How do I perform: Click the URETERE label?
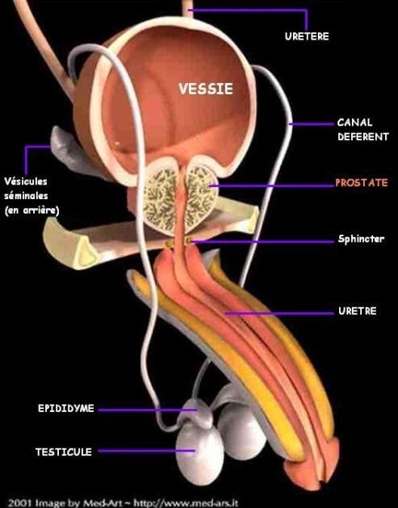pos(307,36)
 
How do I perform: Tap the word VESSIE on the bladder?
pos(206,89)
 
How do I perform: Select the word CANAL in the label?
pos(354,123)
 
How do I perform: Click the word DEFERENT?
pos(362,137)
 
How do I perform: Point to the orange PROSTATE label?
pos(362,183)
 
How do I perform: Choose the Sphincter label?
pos(361,239)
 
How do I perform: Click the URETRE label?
pos(358,311)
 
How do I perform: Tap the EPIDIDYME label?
pos(66,408)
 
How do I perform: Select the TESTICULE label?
pos(64,452)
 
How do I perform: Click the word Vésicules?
pos(26,181)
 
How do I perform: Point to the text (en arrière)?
pos(31,210)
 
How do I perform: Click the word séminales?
pos(26,196)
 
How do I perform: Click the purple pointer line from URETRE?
pos(279,314)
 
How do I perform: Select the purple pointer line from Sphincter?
pos(262,241)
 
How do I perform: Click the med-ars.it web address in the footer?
pos(186,503)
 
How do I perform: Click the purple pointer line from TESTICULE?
pos(147,450)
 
